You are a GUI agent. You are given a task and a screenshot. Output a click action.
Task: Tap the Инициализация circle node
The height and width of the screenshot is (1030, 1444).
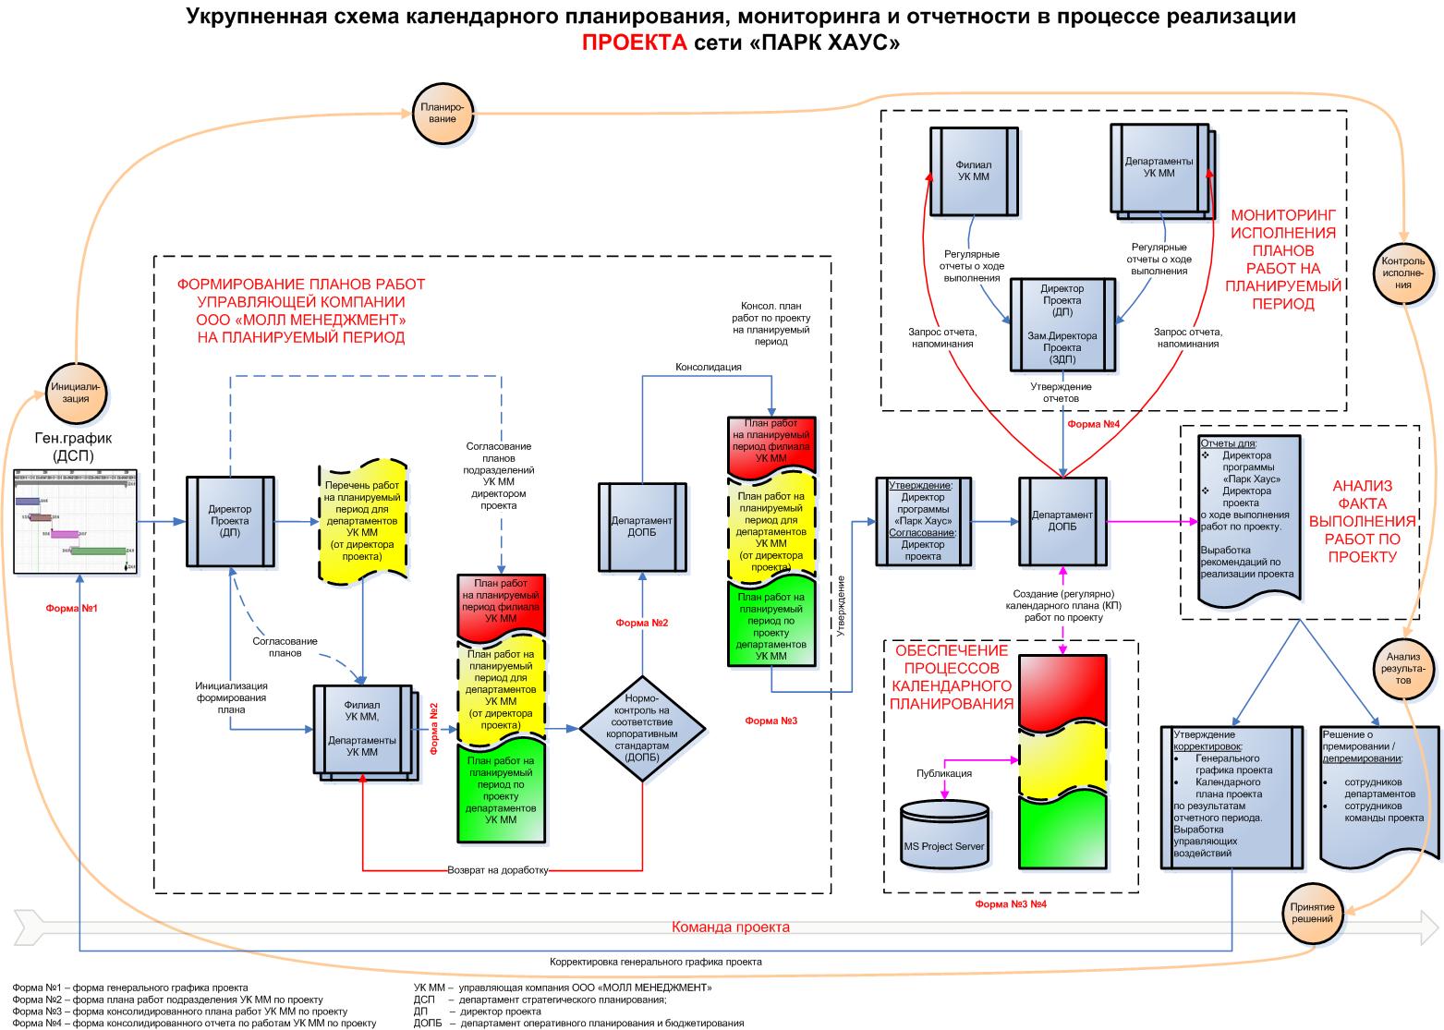(77, 393)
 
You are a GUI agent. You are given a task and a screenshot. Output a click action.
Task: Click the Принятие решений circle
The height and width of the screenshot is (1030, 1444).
(1312, 913)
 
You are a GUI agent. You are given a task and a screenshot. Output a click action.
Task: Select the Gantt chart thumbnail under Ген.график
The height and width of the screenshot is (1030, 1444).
(76, 522)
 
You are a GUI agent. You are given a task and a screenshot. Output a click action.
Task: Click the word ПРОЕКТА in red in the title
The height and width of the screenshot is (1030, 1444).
(634, 42)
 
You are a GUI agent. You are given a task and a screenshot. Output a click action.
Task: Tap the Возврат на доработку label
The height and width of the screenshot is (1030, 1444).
(498, 870)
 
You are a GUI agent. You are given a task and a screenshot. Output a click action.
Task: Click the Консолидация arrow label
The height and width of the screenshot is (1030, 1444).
(709, 367)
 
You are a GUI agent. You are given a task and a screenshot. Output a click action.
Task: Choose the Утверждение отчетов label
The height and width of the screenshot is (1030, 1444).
(1062, 393)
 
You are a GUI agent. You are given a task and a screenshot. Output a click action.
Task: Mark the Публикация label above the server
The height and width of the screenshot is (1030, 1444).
(943, 773)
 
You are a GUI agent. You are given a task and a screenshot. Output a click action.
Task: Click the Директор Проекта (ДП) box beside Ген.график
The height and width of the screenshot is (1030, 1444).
(230, 521)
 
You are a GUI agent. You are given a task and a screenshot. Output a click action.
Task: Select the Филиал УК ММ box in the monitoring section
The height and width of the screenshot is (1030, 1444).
(973, 170)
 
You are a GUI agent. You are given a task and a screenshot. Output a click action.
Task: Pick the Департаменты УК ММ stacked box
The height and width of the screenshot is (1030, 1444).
(1159, 168)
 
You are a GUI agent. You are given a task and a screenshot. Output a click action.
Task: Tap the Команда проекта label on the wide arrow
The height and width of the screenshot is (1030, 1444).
(730, 927)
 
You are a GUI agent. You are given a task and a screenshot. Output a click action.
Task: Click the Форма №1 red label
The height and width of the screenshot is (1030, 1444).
(71, 609)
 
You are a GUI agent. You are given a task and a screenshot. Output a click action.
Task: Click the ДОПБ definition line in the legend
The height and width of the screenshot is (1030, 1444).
(578, 1023)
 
